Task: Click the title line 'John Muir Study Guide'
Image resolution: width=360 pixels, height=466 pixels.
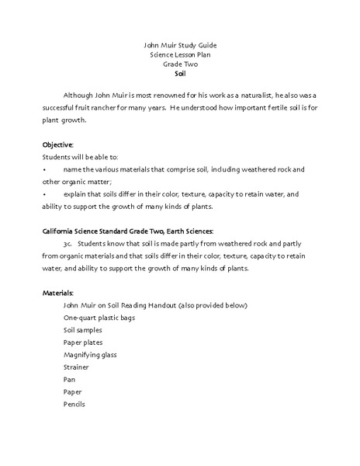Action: (x=179, y=45)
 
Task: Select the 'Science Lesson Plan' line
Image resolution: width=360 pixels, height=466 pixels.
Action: (x=179, y=57)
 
